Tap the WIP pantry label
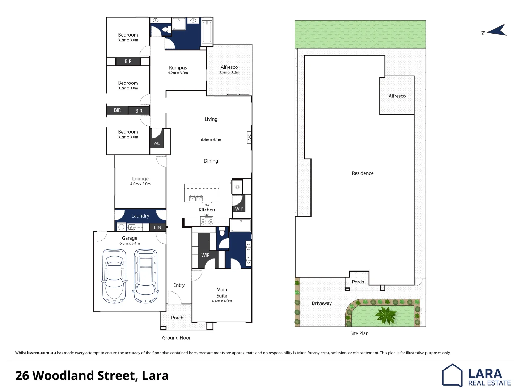[x=239, y=209]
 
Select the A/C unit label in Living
[x=249, y=138]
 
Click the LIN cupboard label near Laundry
[x=158, y=228]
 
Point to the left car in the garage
[x=114, y=276]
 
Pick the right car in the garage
[x=146, y=276]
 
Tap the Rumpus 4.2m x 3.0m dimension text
[x=178, y=73]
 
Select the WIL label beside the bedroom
[x=157, y=143]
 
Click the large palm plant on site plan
[x=386, y=315]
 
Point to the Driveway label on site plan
[x=322, y=303]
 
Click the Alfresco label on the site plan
[x=397, y=96]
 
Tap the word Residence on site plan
[x=363, y=173]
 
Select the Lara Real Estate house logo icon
[x=452, y=375]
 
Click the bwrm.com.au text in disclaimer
[x=41, y=353]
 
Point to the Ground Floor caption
[x=176, y=338]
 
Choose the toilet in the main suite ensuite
[x=222, y=231]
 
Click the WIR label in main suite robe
[x=206, y=255]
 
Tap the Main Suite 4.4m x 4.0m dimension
[x=222, y=301]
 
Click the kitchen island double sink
[x=195, y=198]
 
